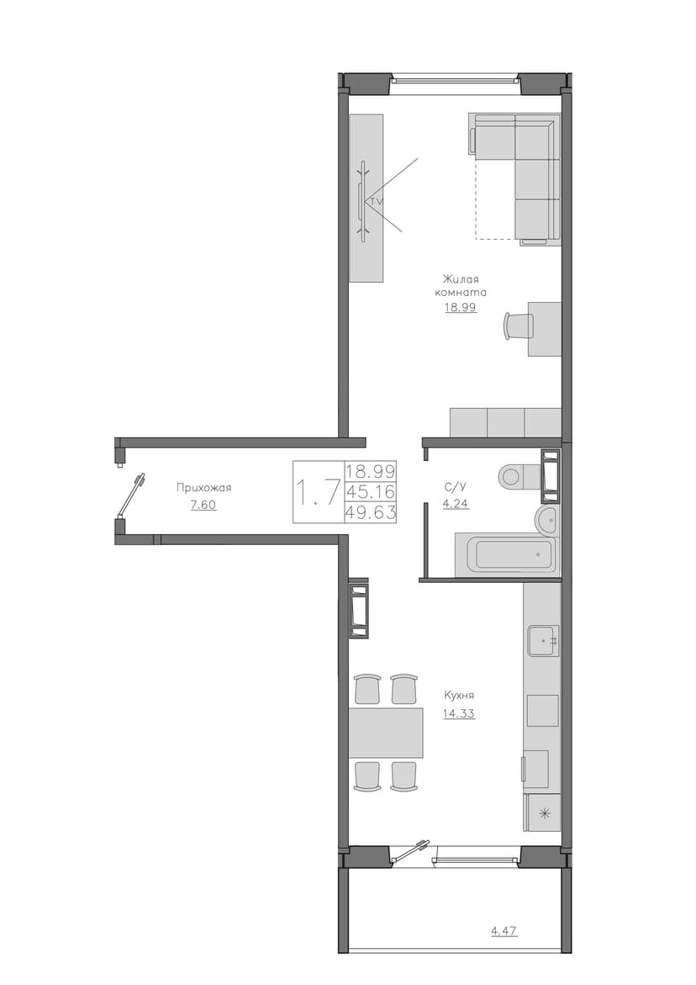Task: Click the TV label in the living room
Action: point(376,202)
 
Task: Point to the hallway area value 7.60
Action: point(204,505)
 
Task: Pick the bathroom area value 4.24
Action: point(456,503)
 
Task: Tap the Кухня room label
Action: point(459,696)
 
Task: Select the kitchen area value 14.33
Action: point(459,713)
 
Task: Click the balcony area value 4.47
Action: point(504,930)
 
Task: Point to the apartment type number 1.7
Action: point(319,492)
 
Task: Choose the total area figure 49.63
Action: point(371,512)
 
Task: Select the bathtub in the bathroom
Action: point(507,553)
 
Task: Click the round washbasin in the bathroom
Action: point(546,520)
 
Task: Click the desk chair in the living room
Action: point(519,326)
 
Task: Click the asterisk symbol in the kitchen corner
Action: point(544,813)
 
